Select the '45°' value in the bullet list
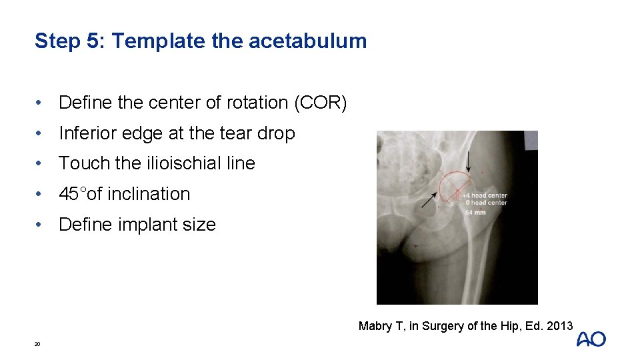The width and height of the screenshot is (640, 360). tap(73, 194)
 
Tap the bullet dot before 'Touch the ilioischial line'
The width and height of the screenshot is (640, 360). tap(41, 163)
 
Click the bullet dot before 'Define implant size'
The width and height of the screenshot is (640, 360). tap(41, 225)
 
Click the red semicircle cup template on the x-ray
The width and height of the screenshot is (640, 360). tap(454, 180)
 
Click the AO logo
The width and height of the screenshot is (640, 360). tap(591, 339)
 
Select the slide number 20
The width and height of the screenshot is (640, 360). tap(37, 344)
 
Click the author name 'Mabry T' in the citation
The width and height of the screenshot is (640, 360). tap(377, 326)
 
